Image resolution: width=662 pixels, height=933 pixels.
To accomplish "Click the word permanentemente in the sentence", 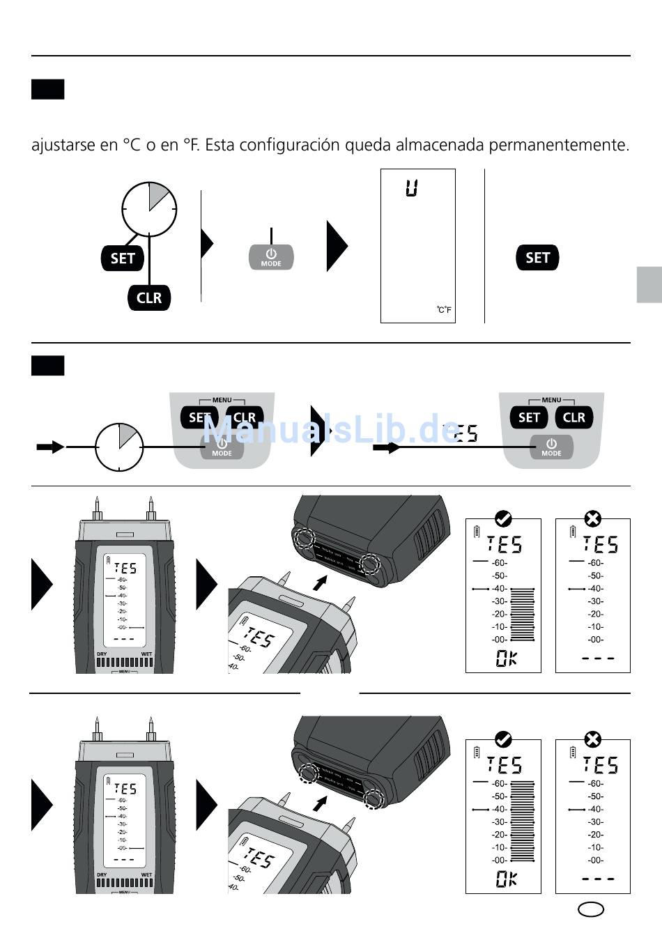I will tap(559, 145).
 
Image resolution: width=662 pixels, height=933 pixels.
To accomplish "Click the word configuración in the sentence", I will tap(284, 145).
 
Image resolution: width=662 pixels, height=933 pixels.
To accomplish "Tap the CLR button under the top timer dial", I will tap(149, 298).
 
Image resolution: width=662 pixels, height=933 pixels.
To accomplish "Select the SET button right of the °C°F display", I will tap(537, 258).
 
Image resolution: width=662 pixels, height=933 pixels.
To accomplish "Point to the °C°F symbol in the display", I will tap(445, 310).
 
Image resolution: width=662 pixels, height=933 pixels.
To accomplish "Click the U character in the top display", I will tap(412, 187).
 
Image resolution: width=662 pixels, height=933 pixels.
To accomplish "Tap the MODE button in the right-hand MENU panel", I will tap(551, 447).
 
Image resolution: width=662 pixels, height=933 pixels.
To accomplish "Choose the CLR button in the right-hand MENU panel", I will tap(574, 417).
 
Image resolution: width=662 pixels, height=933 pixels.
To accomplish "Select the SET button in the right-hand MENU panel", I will tap(529, 417).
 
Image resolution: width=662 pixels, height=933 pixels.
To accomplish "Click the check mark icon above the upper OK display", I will tap(503, 518).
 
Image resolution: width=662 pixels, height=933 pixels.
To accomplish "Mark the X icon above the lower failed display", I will tap(592, 739).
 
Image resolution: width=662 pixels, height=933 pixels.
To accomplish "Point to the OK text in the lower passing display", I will tap(507, 879).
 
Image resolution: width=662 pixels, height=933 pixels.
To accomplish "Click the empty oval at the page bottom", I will tap(591, 909).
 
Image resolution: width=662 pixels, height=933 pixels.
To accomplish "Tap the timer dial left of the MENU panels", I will tap(119, 447).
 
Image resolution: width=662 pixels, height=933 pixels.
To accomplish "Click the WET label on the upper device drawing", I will tap(146, 654).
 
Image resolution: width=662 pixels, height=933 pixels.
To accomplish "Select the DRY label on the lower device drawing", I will tap(102, 874).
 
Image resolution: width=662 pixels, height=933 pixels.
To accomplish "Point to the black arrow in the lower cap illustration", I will tap(320, 803).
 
